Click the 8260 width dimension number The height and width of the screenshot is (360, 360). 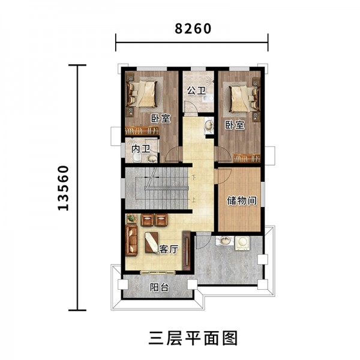[x=193, y=29]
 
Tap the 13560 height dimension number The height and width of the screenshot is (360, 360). [x=63, y=188]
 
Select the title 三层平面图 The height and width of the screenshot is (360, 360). [x=193, y=338]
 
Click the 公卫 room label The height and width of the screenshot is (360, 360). [x=196, y=91]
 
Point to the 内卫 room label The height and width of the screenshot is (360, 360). [x=141, y=149]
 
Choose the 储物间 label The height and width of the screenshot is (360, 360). [x=242, y=200]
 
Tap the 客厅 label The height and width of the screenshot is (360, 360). [x=169, y=249]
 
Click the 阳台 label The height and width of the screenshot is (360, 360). [x=160, y=287]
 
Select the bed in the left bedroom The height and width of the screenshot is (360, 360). [x=142, y=94]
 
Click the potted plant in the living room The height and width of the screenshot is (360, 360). [x=131, y=218]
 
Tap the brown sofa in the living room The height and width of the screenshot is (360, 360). [x=131, y=241]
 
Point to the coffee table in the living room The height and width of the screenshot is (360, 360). [x=152, y=242]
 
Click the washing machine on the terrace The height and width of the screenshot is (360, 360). [x=242, y=243]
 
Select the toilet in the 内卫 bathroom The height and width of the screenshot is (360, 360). [x=137, y=158]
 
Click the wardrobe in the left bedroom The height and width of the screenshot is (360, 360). [x=142, y=130]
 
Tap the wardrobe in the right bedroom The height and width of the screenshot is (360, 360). [x=247, y=158]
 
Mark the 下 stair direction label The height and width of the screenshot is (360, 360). [x=194, y=178]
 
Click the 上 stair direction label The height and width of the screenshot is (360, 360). [x=194, y=200]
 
